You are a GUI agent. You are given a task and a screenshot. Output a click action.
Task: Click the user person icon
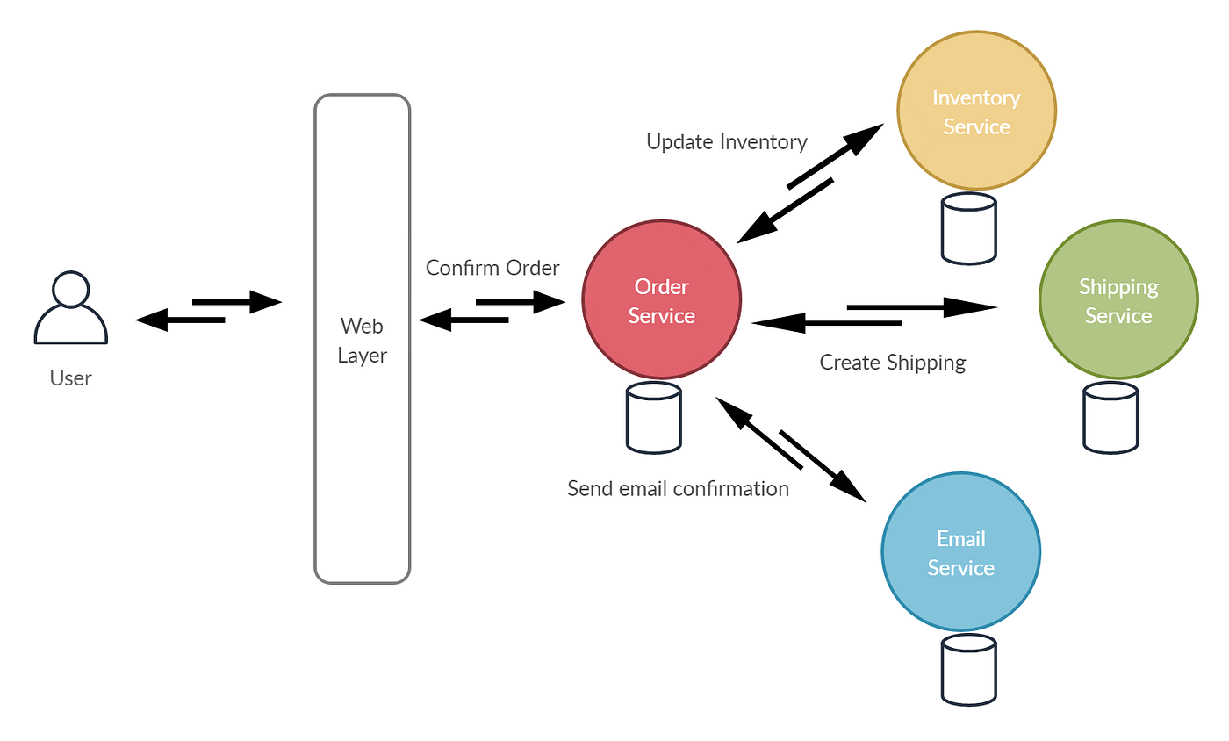tap(70, 309)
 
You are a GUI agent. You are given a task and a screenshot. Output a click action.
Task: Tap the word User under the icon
tap(70, 378)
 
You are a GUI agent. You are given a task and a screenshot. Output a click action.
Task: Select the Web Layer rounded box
tap(362, 339)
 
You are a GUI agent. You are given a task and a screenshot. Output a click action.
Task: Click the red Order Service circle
tap(661, 301)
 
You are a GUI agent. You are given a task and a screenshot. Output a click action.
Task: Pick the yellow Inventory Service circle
tap(976, 112)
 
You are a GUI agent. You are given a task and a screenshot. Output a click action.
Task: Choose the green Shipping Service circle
tap(1118, 300)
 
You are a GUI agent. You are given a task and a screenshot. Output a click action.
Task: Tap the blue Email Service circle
tap(960, 552)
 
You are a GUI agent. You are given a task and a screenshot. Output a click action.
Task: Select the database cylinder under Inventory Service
tap(968, 228)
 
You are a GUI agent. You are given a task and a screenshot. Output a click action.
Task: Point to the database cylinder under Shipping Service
tap(1110, 417)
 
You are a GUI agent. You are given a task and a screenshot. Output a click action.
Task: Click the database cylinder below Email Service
tap(968, 671)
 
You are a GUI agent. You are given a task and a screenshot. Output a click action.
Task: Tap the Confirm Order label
tap(492, 268)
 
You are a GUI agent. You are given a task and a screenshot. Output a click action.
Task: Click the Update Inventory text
tap(727, 141)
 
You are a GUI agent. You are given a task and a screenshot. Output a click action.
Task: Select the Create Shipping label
tap(893, 362)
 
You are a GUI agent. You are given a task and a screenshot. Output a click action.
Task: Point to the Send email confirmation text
tap(678, 488)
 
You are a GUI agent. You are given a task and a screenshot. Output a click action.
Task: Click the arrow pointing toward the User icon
tap(180, 320)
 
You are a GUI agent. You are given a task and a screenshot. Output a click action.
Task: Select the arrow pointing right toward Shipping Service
tap(922, 307)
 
